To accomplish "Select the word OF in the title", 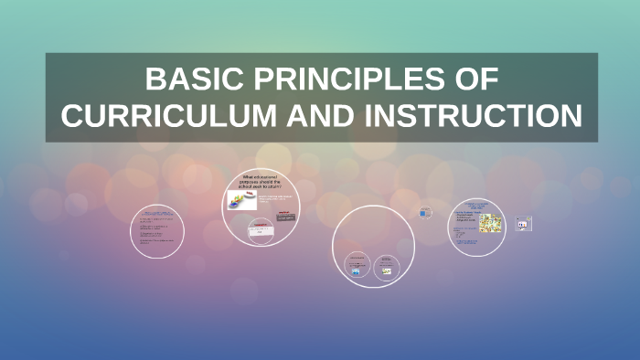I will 475,80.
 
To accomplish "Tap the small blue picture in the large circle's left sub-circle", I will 355,266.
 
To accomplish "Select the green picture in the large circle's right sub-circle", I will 386,266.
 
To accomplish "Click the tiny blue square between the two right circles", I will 425,213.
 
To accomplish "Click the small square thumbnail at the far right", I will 523,223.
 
